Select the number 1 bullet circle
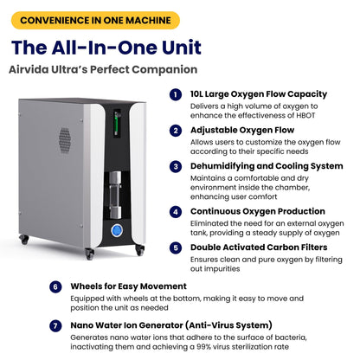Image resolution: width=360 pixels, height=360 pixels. (175, 94)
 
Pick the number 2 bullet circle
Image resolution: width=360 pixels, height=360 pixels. (175, 131)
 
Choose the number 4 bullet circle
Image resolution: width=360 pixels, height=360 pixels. (175, 210)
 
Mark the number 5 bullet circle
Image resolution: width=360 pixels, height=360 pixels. (175, 247)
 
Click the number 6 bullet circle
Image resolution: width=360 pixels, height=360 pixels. (55, 286)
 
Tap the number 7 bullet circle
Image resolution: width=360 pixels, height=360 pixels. (55, 325)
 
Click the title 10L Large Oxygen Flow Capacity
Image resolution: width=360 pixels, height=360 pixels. (259, 94)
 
